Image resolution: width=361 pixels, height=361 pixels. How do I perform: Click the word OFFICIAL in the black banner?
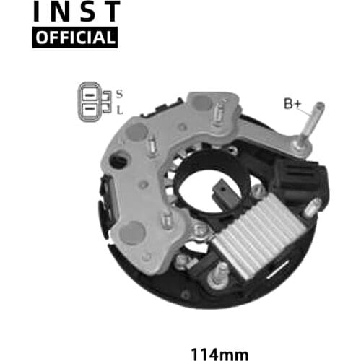point(75,38)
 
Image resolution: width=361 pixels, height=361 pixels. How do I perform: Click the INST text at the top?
point(77,11)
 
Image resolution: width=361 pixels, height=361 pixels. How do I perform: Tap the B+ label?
point(292,103)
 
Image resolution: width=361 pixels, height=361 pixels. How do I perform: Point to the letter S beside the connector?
point(119,94)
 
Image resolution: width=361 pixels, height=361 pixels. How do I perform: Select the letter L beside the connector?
point(120,110)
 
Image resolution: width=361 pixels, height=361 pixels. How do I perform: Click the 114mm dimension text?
point(219,355)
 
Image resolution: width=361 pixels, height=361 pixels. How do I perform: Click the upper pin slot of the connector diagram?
point(90,95)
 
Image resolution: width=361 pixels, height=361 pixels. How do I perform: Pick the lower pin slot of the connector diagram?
point(90,109)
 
